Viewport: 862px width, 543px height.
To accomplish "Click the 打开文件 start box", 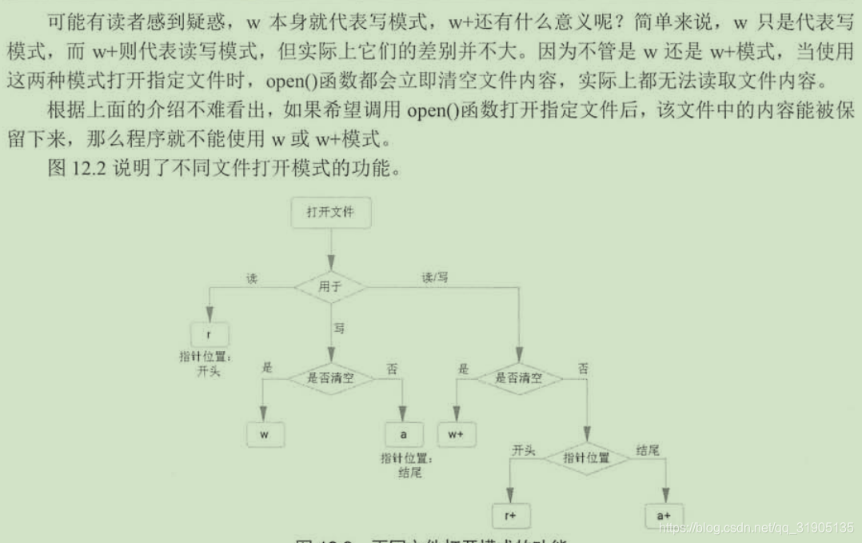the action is tap(330, 213).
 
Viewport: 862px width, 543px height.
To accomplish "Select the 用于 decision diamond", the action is tap(330, 285).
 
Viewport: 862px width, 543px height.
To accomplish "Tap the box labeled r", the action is tap(209, 333).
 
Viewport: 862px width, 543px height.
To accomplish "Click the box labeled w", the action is tap(265, 434).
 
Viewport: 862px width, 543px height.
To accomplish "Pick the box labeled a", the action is tap(404, 434).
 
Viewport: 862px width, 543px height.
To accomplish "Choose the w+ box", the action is tap(457, 434).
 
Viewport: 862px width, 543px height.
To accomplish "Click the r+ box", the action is tap(511, 516).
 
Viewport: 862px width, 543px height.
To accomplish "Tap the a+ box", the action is tap(664, 516).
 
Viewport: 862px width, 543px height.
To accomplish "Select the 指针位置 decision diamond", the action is tap(586, 458).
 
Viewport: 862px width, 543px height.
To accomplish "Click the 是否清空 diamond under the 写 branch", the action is tap(330, 378).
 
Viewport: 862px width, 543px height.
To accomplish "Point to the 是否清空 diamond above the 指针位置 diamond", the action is tap(518, 378).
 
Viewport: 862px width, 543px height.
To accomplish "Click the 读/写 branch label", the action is tap(435, 278).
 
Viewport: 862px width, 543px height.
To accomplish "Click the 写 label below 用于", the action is tap(338, 329).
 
